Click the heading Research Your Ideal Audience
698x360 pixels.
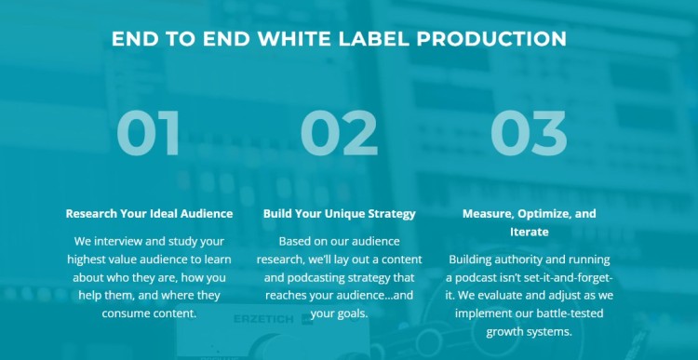[x=149, y=213]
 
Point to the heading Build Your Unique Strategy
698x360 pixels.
[x=340, y=213]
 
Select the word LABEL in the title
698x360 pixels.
[x=371, y=39]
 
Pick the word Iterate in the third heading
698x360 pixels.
[x=529, y=232]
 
